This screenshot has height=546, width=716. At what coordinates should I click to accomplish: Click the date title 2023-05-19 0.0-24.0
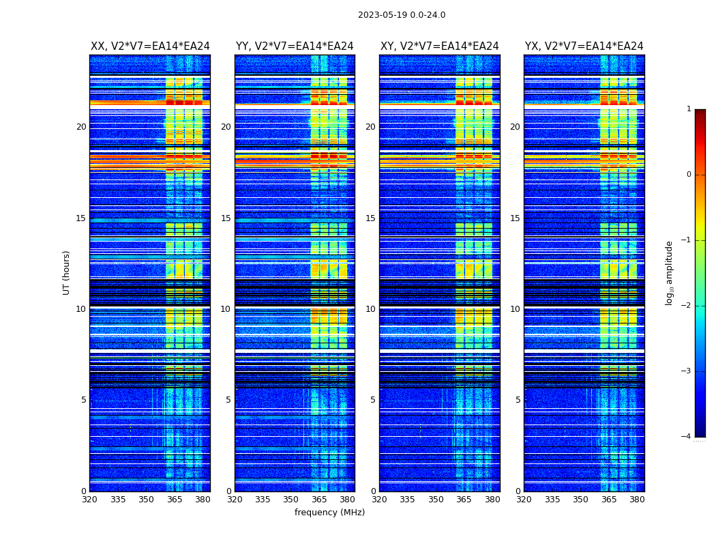click(x=402, y=15)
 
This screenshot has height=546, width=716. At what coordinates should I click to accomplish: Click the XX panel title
click(x=150, y=46)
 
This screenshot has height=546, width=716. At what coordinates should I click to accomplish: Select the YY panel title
click(x=295, y=46)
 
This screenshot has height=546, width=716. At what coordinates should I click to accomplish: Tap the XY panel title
click(x=440, y=46)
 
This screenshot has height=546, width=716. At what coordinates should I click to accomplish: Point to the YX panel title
click(x=584, y=46)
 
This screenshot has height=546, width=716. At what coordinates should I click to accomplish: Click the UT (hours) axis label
click(x=67, y=272)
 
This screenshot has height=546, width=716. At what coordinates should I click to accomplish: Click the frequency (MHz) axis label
click(x=329, y=513)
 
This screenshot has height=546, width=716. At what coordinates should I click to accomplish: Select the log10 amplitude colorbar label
click(x=670, y=272)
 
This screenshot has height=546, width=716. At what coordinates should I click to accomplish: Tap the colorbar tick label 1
click(x=689, y=109)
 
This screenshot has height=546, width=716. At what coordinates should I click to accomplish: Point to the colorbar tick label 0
click(x=689, y=175)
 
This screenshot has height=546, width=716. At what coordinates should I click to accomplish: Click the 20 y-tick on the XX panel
click(x=81, y=127)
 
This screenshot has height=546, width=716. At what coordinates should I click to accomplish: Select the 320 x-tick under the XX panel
click(x=89, y=500)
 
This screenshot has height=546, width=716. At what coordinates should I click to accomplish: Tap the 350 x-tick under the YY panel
click(x=291, y=500)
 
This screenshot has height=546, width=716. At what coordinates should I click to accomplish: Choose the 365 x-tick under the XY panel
click(x=464, y=500)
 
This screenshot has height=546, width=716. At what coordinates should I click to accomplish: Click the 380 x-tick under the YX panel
click(x=637, y=500)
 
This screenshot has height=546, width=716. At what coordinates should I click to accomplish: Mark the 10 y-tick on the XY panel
click(x=370, y=309)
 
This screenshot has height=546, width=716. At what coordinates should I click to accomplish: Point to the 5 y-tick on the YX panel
click(x=518, y=400)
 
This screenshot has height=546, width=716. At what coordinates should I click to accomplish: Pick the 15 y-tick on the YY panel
click(x=226, y=218)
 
